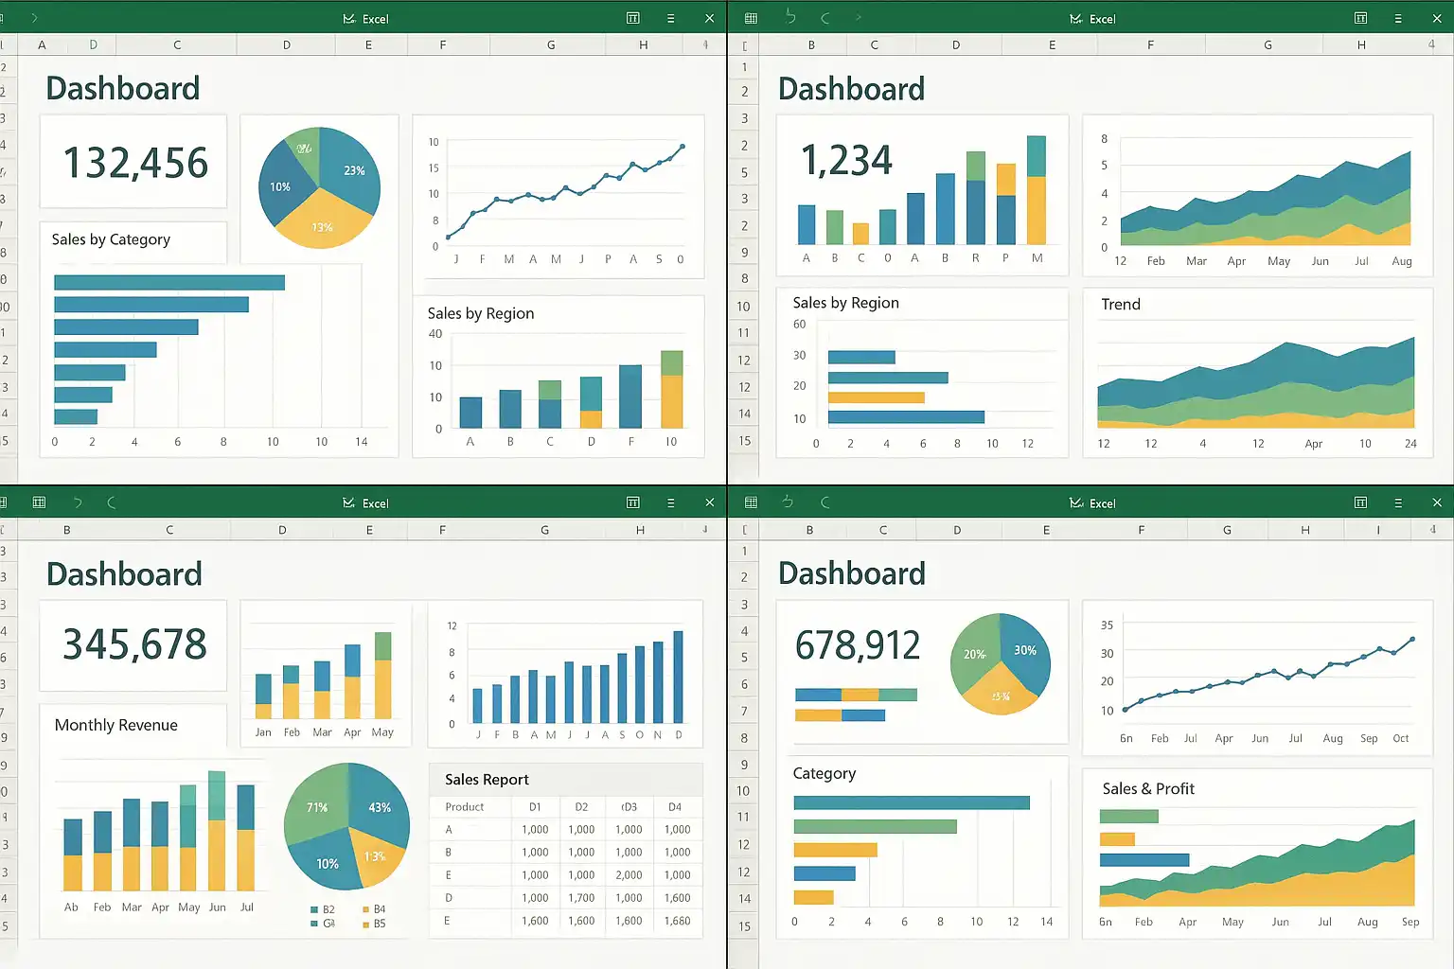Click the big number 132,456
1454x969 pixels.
[x=135, y=163]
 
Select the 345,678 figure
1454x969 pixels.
[x=134, y=644]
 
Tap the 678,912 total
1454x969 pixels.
[x=858, y=645]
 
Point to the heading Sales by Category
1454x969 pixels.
[x=111, y=239]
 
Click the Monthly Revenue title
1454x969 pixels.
[x=115, y=725]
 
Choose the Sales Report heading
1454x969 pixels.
[x=487, y=780]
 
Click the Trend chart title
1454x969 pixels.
[x=1121, y=304]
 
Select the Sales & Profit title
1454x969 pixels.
[x=1148, y=789]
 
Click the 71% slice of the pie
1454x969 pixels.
[x=317, y=807]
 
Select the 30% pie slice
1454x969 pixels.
[x=1025, y=649]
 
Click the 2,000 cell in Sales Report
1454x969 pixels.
[x=629, y=875]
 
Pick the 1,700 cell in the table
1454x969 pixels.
[x=581, y=898]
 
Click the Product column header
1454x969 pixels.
[x=465, y=807]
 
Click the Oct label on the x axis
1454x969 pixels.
[x=1401, y=738]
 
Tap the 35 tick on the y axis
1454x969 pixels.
[x=1107, y=625]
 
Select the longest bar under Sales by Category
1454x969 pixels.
[x=169, y=283]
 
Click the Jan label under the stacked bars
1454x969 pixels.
[x=263, y=732]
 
